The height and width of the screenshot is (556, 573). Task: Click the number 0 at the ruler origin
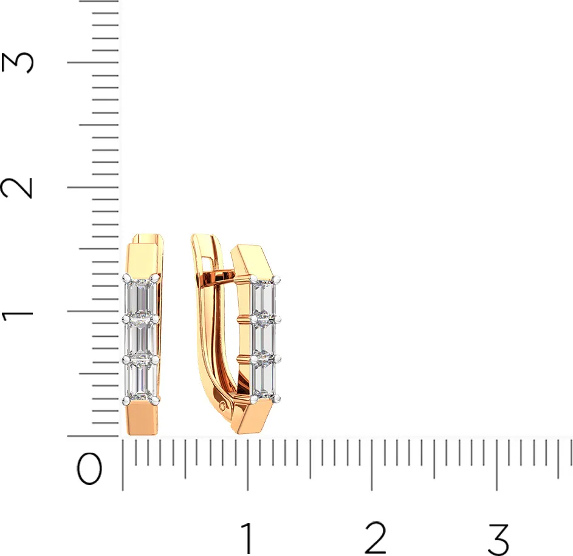tap(89, 469)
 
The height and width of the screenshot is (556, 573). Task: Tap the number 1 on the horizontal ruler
tap(247, 538)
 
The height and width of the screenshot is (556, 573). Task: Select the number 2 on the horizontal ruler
tap(376, 538)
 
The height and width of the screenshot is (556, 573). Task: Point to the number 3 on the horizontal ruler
tap(499, 538)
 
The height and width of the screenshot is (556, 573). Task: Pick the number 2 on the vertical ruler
tap(17, 188)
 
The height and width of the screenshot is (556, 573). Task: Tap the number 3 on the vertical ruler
tap(17, 62)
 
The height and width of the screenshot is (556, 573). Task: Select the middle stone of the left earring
tap(141, 339)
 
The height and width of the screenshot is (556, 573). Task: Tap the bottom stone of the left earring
tap(141, 380)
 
